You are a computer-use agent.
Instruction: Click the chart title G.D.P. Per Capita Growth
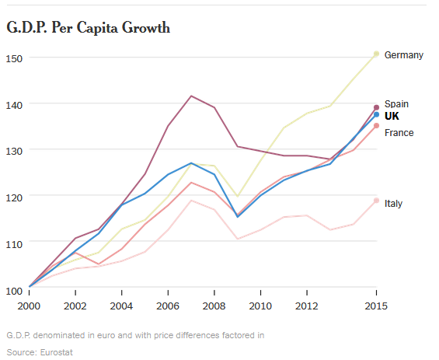89,28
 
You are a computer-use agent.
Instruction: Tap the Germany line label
404,55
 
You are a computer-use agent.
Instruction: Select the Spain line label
396,104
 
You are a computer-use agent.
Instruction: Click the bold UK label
392,116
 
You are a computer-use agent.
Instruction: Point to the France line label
399,132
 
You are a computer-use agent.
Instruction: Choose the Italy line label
393,204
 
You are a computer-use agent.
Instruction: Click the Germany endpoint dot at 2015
377,54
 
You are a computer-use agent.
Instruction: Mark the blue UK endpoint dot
377,114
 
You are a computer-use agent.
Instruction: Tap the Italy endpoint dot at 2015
377,201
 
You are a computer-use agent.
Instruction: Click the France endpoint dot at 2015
377,126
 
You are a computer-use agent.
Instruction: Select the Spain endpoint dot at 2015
377,107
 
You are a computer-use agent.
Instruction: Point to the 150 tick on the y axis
14,58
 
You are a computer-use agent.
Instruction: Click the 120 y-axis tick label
14,197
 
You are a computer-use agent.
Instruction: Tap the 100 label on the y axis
14,291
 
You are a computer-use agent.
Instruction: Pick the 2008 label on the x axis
214,306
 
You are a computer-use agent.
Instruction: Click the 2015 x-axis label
376,306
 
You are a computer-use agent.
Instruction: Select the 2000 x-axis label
29,306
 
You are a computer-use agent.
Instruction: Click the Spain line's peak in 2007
191,96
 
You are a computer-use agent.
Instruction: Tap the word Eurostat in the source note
56,352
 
